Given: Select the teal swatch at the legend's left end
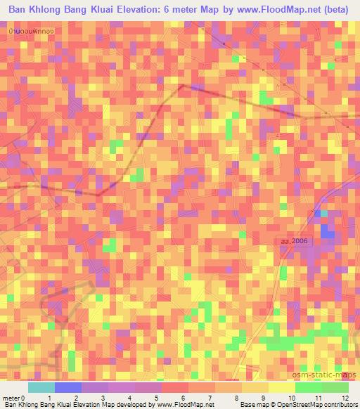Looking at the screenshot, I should pyautogui.click(x=41, y=387).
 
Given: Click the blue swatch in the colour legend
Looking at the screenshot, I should pyautogui.click(x=68, y=387).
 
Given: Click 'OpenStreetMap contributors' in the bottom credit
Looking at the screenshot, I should pyautogui.click(x=316, y=404).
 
